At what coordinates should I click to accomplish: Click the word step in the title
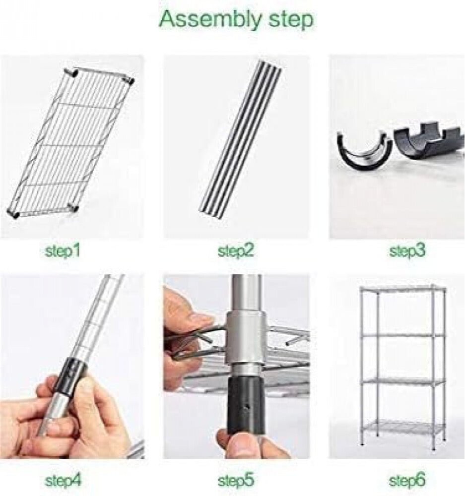(x=291, y=20)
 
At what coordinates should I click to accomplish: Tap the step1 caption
(x=62, y=251)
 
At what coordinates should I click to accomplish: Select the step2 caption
(x=236, y=251)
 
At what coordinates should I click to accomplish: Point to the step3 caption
(x=407, y=251)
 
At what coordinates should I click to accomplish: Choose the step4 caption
(x=63, y=481)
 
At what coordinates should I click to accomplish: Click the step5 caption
(x=236, y=481)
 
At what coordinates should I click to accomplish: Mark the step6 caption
(x=407, y=481)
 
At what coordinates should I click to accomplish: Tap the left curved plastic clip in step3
(x=364, y=150)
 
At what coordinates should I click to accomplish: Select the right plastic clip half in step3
(x=429, y=142)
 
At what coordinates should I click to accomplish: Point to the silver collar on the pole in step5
(x=245, y=337)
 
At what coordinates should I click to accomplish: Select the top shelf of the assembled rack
(x=403, y=289)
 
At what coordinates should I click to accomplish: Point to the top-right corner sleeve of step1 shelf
(x=130, y=81)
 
